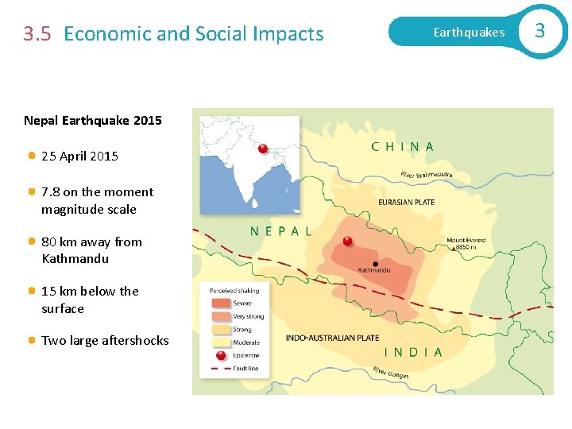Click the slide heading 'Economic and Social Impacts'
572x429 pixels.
(x=194, y=33)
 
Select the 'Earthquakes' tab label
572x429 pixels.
(x=469, y=33)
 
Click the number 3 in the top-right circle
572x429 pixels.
(x=540, y=31)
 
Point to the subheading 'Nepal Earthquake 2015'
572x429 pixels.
(x=93, y=121)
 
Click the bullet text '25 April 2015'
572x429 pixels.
(x=79, y=157)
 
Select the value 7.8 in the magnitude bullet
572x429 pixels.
(x=50, y=191)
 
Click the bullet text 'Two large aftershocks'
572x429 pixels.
(x=105, y=341)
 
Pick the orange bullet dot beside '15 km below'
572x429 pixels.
(x=31, y=291)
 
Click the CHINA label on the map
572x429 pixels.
(x=403, y=147)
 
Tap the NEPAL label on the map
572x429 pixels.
(x=280, y=231)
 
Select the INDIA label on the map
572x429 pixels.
(x=413, y=352)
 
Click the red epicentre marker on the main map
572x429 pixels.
(x=347, y=241)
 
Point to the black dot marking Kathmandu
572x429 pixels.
(x=375, y=264)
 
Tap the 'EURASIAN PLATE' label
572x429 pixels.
(x=406, y=203)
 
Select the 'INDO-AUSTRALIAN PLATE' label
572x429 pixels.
(x=333, y=338)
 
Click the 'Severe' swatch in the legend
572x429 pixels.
(x=220, y=303)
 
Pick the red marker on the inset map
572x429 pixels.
(x=262, y=149)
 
